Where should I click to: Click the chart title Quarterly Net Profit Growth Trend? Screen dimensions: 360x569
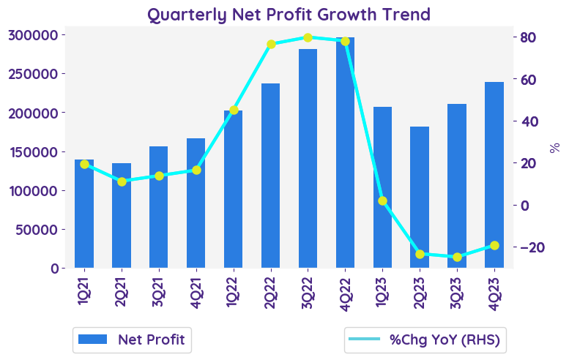(x=289, y=14)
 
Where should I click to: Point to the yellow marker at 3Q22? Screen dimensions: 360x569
(x=308, y=37)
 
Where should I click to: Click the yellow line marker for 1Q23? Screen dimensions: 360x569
(x=382, y=200)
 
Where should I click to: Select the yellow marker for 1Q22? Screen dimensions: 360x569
(x=234, y=110)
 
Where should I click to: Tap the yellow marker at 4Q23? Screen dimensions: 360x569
(x=494, y=245)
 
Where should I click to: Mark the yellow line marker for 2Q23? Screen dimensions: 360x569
(x=420, y=254)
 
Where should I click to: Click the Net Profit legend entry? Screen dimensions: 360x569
(x=132, y=340)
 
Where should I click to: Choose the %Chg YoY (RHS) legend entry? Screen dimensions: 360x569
(x=426, y=340)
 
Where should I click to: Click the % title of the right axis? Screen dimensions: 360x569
(x=554, y=147)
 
